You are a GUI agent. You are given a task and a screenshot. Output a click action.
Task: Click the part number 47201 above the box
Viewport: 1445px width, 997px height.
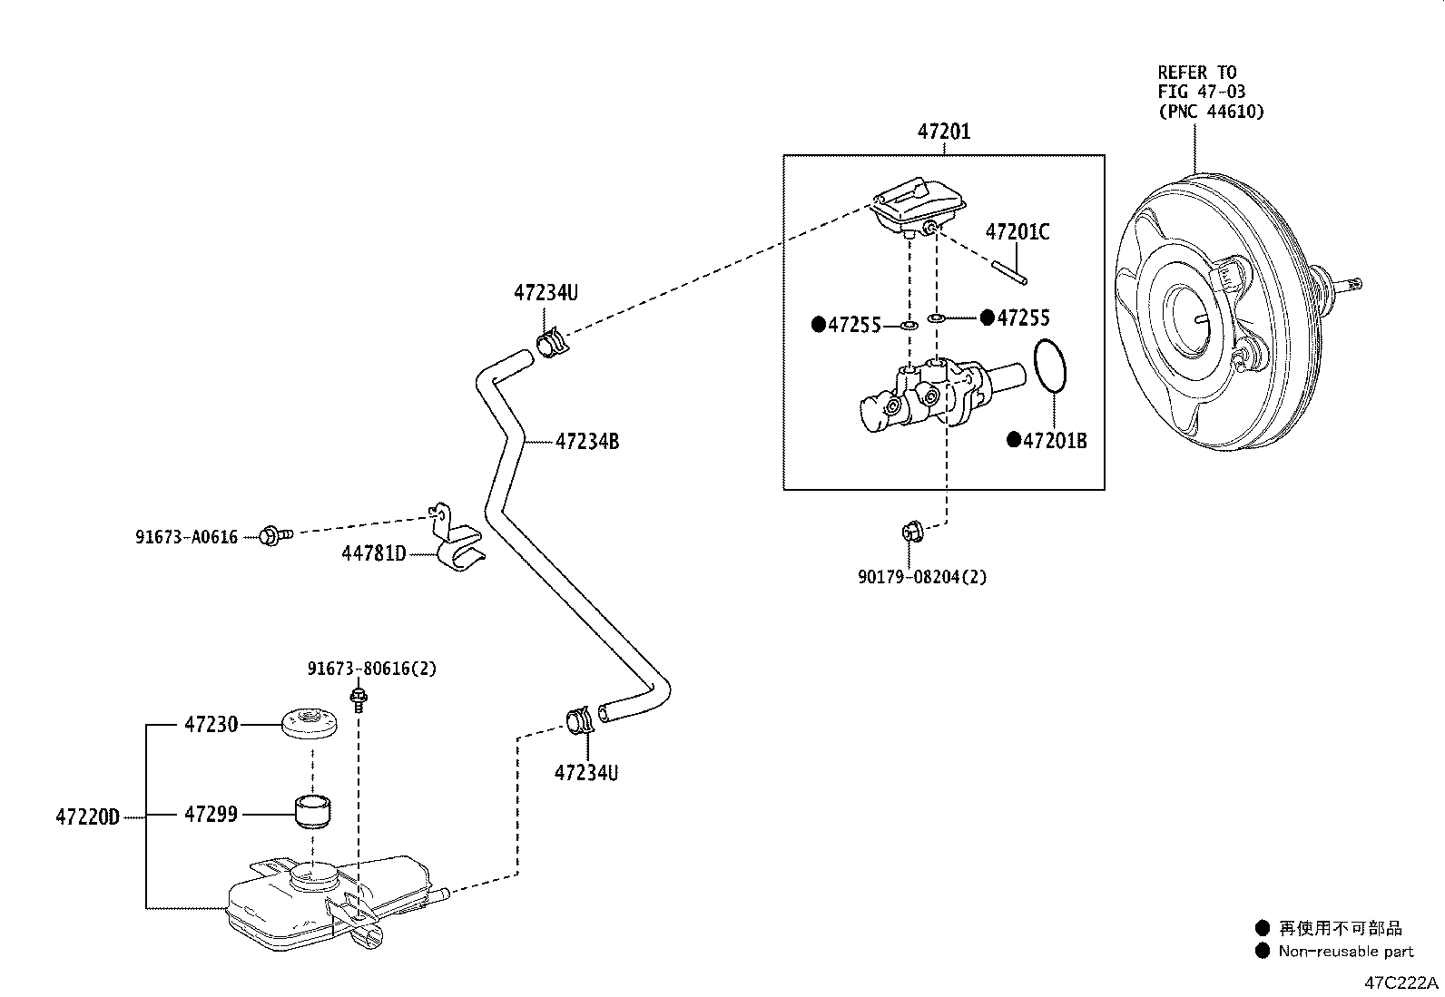pyautogui.click(x=944, y=132)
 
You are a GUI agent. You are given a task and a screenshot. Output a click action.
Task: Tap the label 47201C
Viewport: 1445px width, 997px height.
pyautogui.click(x=1017, y=232)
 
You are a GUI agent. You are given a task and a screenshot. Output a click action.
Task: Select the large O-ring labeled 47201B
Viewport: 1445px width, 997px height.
pyautogui.click(x=1050, y=367)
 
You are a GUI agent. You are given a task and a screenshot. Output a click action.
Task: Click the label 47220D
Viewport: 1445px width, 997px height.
pyautogui.click(x=87, y=816)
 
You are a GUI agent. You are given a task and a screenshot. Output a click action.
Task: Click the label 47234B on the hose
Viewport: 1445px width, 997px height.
pyautogui.click(x=587, y=442)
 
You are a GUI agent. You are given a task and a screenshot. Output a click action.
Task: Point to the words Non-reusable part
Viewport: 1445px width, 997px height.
pyautogui.click(x=1346, y=952)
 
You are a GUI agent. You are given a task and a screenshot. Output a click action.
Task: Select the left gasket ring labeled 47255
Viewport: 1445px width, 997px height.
pyautogui.click(x=908, y=324)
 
